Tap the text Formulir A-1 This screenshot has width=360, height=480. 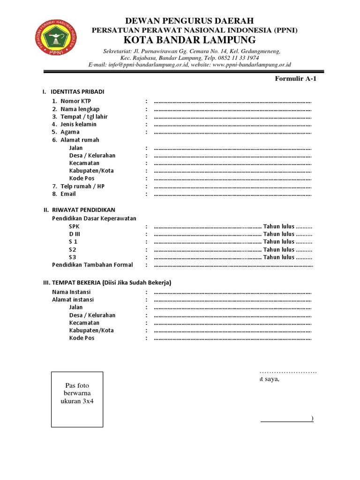tap(296, 78)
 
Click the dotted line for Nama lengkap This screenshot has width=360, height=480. tap(232, 109)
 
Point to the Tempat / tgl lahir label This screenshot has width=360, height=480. tap(83, 117)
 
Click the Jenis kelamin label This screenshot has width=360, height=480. tap(78, 124)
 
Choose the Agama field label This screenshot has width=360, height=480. tap(70, 132)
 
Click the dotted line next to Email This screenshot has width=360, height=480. tap(232, 194)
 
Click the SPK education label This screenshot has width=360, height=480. tap(75, 226)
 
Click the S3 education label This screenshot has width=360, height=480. tap(73, 257)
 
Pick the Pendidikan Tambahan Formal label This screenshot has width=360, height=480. tap(92, 265)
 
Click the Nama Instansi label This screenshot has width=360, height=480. tap(71, 292)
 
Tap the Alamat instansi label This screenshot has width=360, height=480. tap(73, 300)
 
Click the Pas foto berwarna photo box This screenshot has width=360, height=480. tap(77, 399)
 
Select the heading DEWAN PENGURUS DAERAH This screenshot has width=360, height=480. tap(189, 21)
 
